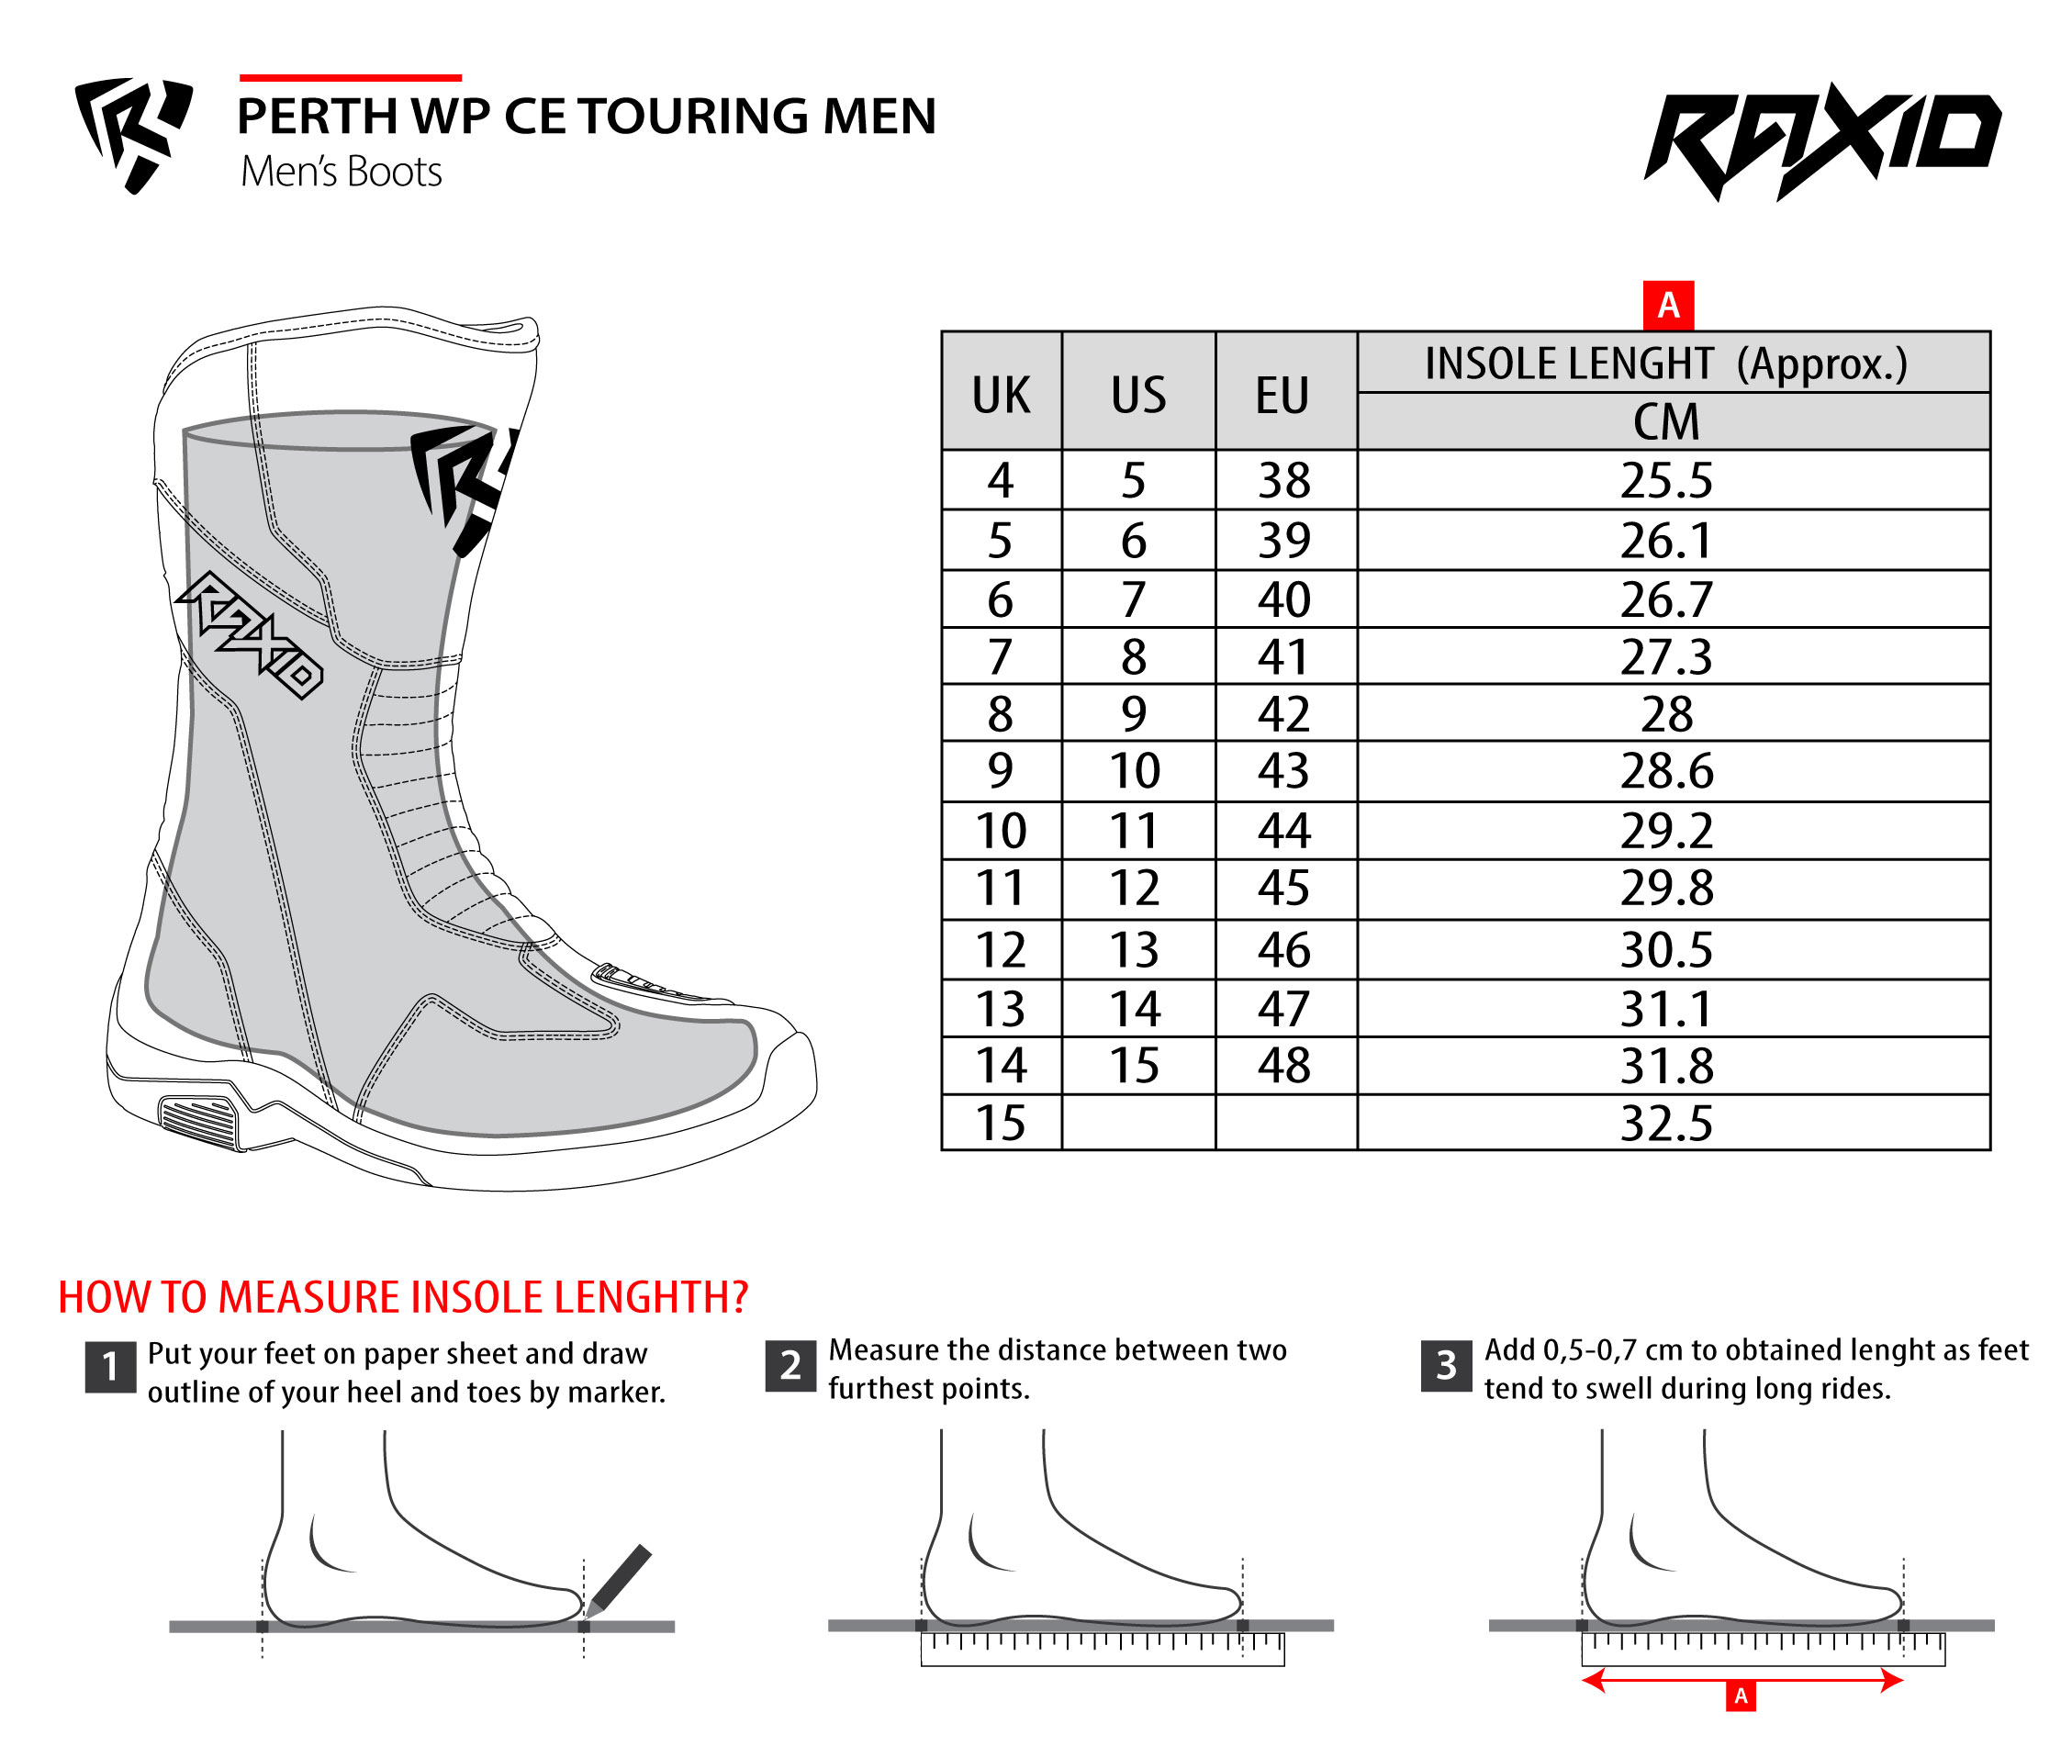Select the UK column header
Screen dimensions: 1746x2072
point(1001,395)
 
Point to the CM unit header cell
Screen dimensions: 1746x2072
point(1667,421)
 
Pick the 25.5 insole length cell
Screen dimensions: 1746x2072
point(1667,481)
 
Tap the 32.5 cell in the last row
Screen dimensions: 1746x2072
point(1667,1124)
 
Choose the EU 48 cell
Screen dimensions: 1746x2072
point(1284,1066)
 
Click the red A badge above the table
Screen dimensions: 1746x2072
point(1668,306)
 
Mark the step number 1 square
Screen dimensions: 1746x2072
point(110,1367)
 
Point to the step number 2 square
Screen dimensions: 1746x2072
point(790,1366)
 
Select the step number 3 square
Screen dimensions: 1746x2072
point(1445,1366)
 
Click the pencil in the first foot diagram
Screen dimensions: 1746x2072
point(620,1578)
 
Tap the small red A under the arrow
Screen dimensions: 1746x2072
point(1741,1696)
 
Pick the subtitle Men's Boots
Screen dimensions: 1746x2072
point(342,173)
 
